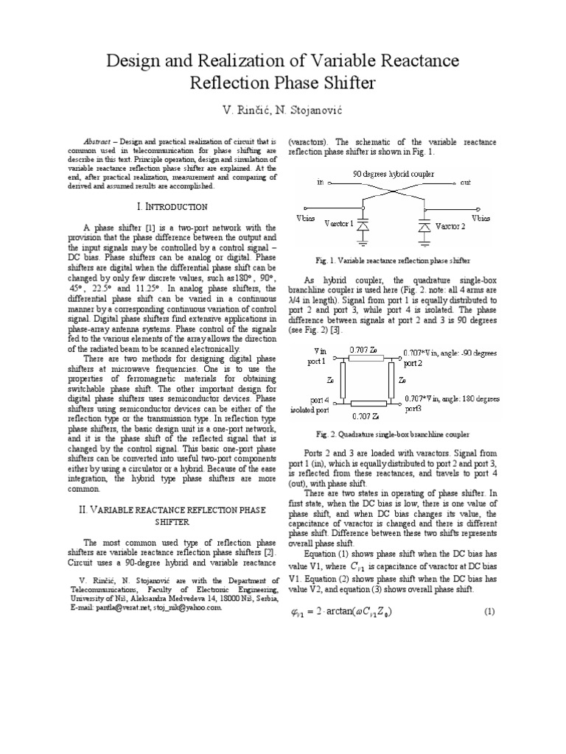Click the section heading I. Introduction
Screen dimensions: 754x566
166,206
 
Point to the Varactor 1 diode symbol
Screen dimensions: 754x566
363,229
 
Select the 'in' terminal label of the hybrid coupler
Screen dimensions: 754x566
321,182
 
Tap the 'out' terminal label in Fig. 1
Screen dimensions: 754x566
465,182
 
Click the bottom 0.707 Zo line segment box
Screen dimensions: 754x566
366,404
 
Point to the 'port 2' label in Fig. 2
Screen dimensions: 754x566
415,363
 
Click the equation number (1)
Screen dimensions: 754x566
488,612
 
